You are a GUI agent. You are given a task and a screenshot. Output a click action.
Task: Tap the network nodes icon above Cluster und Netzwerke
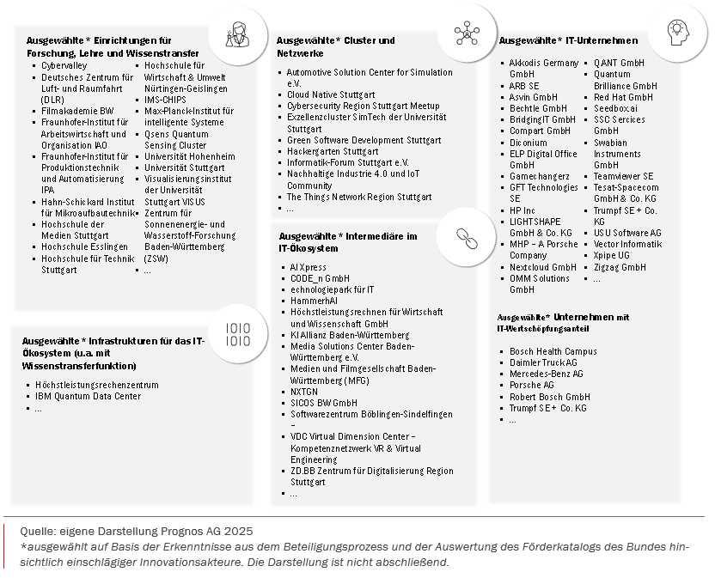click(467, 32)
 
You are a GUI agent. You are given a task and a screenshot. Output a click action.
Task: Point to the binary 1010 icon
click(238, 334)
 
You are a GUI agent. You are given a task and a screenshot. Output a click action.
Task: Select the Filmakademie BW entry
click(77, 111)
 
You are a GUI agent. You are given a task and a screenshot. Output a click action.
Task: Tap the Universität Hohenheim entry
click(189, 157)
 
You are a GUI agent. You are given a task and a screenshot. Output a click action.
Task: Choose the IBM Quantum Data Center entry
click(88, 397)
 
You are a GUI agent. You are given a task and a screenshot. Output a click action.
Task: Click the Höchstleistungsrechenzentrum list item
click(96, 385)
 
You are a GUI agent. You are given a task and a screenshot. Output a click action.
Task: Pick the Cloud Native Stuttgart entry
click(331, 94)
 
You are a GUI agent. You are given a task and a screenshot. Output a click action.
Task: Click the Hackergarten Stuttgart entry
click(332, 151)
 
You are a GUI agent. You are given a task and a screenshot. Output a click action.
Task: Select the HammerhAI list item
click(314, 301)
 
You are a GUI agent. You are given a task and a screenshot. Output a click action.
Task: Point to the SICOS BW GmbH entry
click(324, 403)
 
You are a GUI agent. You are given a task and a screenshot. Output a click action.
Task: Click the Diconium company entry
click(528, 143)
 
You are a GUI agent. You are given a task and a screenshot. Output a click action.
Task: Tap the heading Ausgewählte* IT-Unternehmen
click(568, 40)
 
